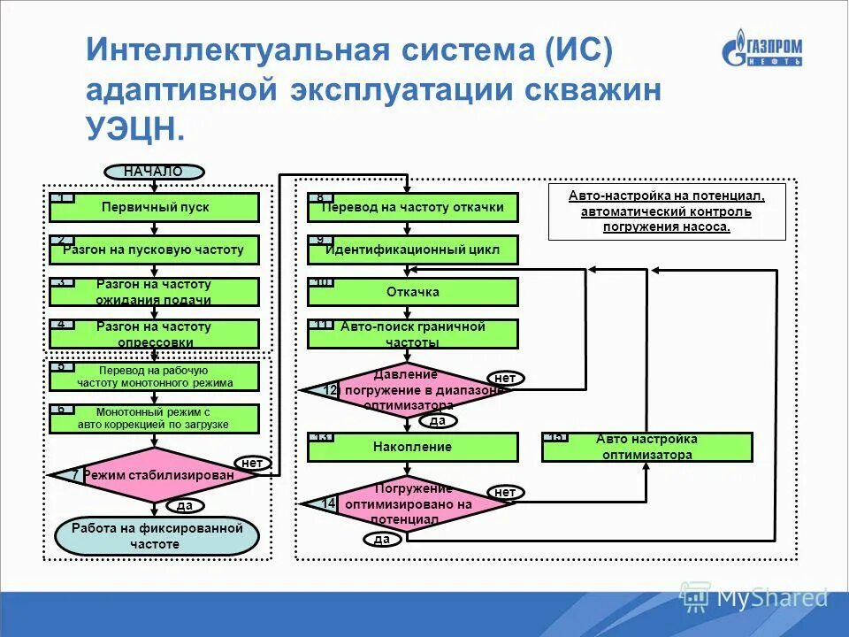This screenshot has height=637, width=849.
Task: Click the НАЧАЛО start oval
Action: click(154, 172)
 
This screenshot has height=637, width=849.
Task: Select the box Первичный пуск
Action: click(155, 207)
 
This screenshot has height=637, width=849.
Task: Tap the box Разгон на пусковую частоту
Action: click(155, 249)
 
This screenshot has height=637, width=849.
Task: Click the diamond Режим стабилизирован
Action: click(156, 475)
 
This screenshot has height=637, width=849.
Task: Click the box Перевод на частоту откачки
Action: click(413, 207)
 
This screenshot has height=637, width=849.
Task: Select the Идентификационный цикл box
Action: click(413, 249)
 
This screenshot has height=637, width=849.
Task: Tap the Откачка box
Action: click(413, 292)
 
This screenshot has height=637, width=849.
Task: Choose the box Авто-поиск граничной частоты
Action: click(413, 334)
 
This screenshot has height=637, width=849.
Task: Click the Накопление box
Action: click(413, 447)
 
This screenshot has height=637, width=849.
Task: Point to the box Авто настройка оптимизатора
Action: click(646, 447)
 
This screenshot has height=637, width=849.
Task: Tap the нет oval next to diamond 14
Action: click(505, 492)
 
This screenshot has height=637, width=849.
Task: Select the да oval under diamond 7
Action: click(185, 506)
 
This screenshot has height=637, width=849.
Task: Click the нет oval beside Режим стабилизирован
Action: click(252, 462)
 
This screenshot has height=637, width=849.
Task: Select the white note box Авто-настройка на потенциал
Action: click(667, 211)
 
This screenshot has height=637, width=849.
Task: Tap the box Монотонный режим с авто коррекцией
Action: click(155, 418)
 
